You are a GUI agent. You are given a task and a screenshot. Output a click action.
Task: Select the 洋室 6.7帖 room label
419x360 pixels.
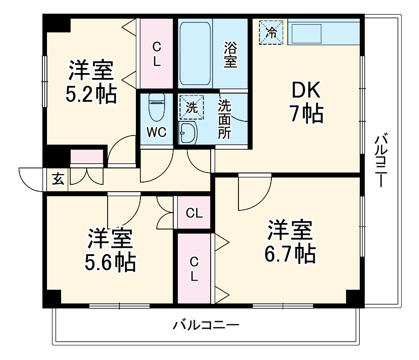[x=290, y=242]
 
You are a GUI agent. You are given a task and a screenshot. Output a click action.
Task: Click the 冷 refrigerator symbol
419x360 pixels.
[x=271, y=33]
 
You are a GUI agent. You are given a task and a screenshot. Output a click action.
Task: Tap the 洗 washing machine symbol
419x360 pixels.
[x=192, y=107]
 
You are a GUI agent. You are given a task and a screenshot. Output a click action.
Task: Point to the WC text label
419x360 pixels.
[x=156, y=133]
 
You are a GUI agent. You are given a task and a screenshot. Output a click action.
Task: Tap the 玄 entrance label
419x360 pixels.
[x=58, y=179]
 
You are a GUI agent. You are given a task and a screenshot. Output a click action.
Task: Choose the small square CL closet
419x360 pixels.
[x=194, y=213]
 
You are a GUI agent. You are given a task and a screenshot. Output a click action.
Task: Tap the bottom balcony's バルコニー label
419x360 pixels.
[x=206, y=326]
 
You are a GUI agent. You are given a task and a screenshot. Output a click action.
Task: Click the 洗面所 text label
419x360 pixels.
[x=224, y=119]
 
